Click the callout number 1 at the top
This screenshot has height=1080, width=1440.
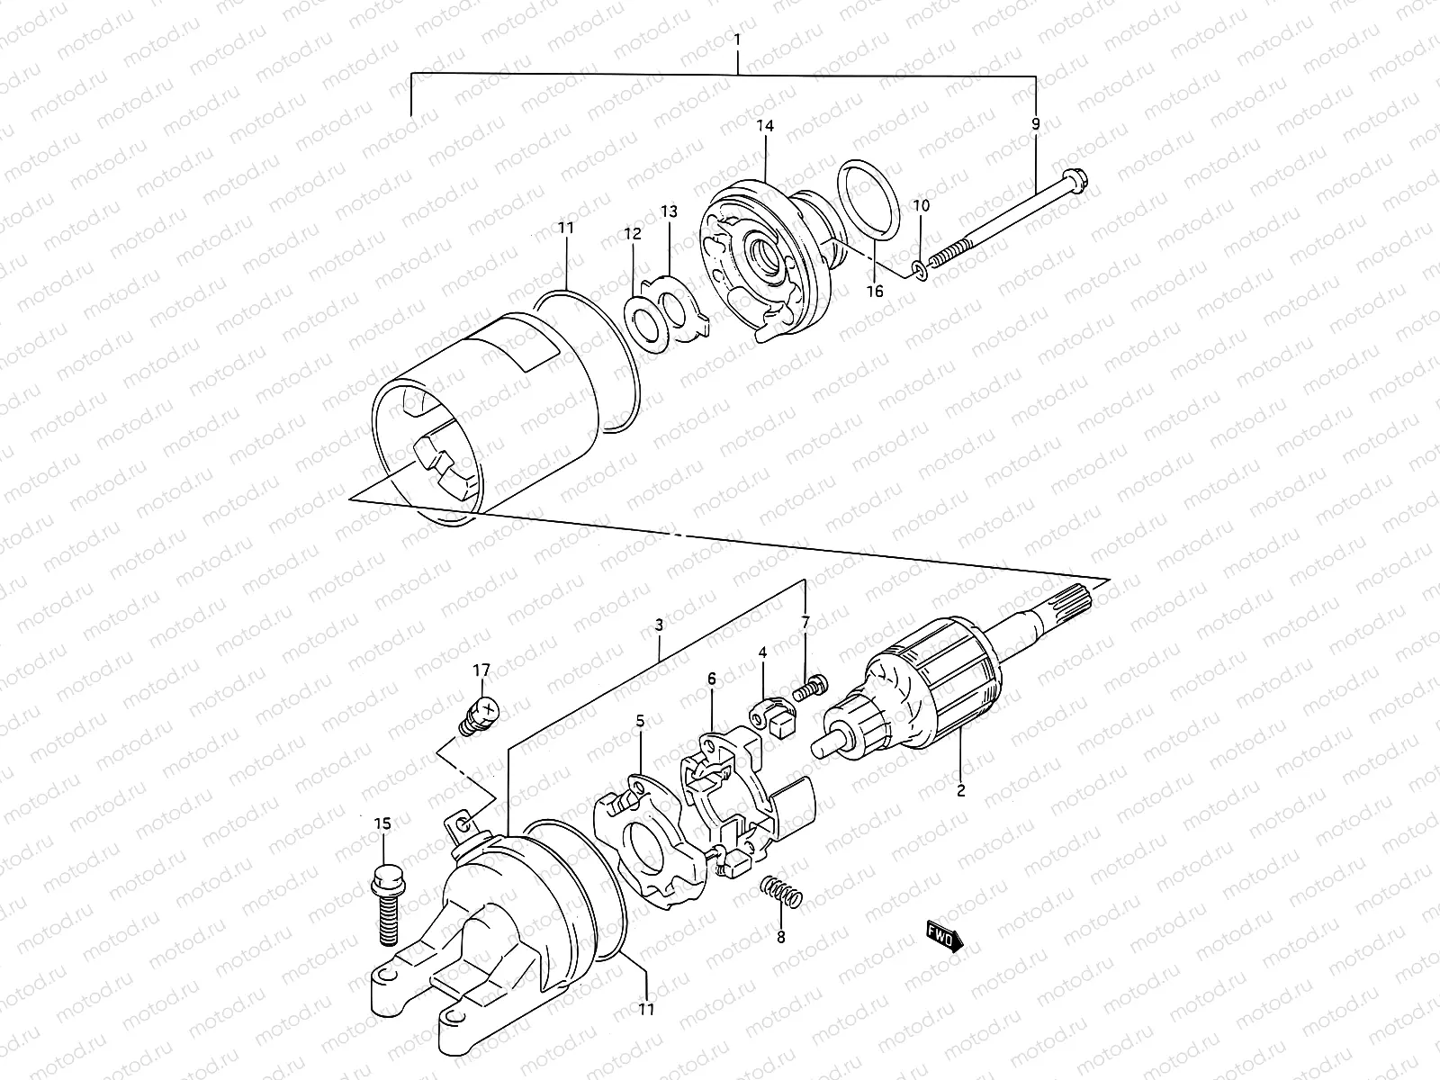(x=738, y=40)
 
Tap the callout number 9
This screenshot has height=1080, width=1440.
(x=1036, y=124)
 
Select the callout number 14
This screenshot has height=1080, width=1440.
(x=765, y=128)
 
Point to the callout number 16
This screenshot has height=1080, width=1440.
(x=875, y=291)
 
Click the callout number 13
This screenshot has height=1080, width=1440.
(x=669, y=211)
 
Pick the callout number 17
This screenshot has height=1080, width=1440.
(x=482, y=670)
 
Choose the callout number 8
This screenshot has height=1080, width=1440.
(x=780, y=937)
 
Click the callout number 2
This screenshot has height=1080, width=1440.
(x=960, y=791)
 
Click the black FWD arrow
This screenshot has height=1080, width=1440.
(x=943, y=936)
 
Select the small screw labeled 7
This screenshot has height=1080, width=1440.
(x=807, y=688)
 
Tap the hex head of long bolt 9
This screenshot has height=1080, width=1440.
(x=1077, y=182)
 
